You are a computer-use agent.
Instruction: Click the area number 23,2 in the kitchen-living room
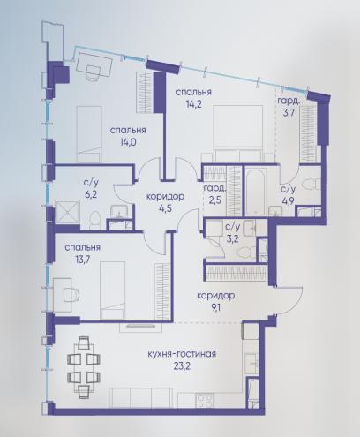coord(182,366)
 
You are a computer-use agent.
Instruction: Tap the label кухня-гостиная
coord(182,354)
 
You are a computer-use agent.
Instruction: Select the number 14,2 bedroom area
coord(193,104)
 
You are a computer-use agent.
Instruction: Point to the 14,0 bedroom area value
coord(128,142)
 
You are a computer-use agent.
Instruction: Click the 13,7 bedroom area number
coord(83,260)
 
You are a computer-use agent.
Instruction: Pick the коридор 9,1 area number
coord(215,308)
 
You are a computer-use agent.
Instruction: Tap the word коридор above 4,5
coord(165,196)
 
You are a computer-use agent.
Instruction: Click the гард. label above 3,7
coord(289,102)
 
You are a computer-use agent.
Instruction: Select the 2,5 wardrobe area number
coord(214,200)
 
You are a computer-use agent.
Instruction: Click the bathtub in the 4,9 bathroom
coord(257,192)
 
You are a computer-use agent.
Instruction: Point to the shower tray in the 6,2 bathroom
coord(67,212)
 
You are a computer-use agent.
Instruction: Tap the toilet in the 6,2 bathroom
coord(95,220)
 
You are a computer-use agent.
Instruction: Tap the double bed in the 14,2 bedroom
coord(238,134)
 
